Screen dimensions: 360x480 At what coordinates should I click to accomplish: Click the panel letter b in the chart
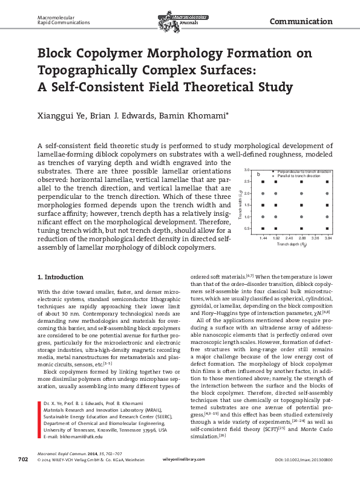[259, 174]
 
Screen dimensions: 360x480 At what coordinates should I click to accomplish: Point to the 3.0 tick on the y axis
[247, 180]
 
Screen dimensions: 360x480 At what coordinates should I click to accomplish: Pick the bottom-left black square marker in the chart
[263, 229]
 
